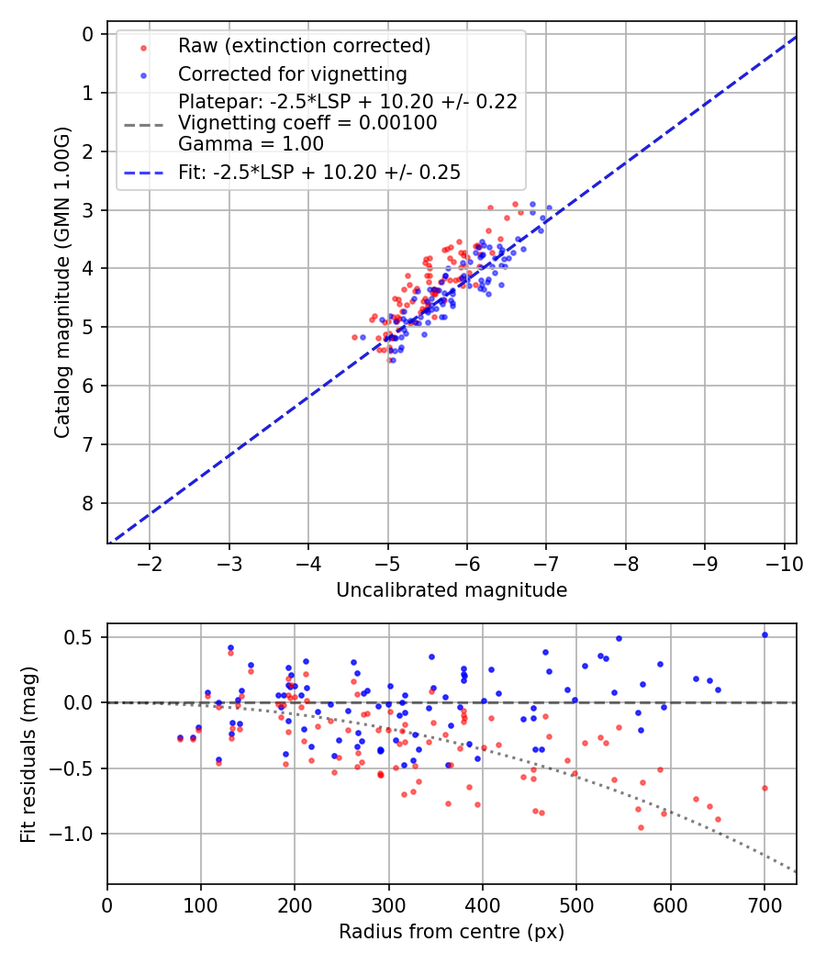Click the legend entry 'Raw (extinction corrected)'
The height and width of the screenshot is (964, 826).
(x=304, y=46)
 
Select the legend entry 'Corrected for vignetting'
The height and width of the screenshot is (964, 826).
(x=292, y=73)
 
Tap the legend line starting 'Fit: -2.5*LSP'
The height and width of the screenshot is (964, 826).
(x=319, y=172)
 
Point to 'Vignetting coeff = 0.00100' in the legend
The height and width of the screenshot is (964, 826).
(x=307, y=123)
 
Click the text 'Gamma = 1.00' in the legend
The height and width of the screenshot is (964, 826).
(x=251, y=143)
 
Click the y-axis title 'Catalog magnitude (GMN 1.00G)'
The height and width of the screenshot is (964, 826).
(x=61, y=286)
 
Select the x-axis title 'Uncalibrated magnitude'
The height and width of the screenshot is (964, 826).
(x=452, y=590)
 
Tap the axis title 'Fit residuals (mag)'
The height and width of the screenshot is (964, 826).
(x=29, y=754)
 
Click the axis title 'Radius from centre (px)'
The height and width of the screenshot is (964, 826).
(x=452, y=932)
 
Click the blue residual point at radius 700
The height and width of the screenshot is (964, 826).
(x=765, y=634)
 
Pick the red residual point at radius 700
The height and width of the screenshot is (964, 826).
(x=765, y=788)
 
